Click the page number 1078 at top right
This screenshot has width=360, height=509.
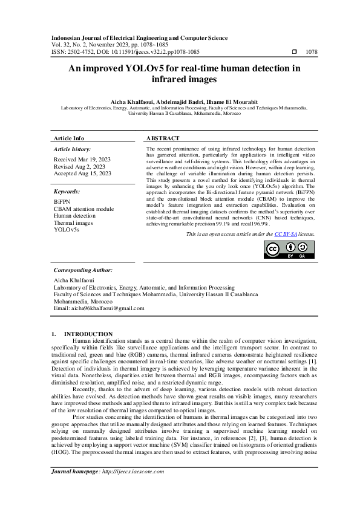[x=312, y=52]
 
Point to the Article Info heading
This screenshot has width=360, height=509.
[x=70, y=138]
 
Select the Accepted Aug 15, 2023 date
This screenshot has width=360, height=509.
[x=82, y=173]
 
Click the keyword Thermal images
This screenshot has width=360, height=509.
[x=73, y=222]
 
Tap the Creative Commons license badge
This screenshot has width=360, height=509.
[x=289, y=250]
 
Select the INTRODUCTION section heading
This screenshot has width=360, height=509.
[x=88, y=334]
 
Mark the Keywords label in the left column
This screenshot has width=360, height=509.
[x=67, y=191]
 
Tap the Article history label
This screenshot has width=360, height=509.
[x=73, y=149]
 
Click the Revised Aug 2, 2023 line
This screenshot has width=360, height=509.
[x=79, y=166]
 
